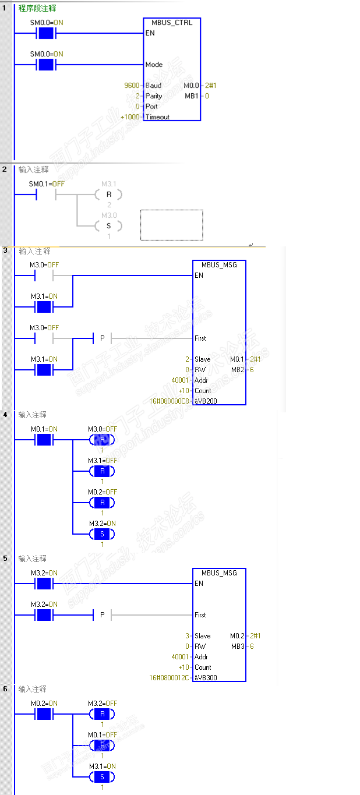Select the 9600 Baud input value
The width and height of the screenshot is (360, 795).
click(132, 86)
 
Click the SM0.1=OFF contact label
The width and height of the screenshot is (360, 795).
click(47, 184)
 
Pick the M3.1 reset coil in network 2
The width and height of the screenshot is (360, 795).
click(108, 194)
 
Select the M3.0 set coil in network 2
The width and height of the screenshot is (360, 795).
click(108, 225)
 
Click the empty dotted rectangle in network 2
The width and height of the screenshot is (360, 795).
click(171, 225)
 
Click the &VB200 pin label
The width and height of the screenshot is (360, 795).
click(206, 401)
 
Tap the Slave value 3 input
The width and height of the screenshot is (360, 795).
click(188, 636)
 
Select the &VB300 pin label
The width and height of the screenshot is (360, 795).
click(206, 678)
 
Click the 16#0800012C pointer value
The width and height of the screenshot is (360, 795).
click(170, 678)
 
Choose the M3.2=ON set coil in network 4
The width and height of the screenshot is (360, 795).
click(102, 533)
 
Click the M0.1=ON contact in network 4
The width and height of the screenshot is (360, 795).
click(45, 439)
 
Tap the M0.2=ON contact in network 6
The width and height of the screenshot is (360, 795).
click(45, 713)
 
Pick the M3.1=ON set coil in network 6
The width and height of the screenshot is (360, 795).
click(102, 776)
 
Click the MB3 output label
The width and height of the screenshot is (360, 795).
click(237, 646)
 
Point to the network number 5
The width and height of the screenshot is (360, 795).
click(5, 558)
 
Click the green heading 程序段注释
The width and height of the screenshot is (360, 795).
click(37, 9)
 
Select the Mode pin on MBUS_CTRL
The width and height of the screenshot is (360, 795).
click(154, 65)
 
